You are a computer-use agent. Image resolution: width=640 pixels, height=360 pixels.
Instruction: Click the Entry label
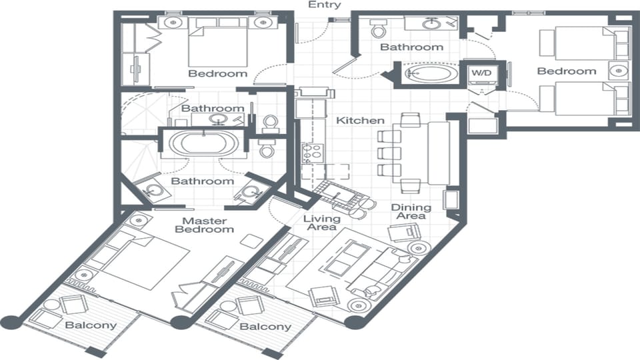pos(325,5)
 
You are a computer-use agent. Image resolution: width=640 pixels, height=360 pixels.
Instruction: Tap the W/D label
pos(480,72)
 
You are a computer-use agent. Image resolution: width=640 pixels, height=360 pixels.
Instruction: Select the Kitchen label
pos(360,121)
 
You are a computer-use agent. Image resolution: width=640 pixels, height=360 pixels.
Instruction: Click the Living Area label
pos(322,224)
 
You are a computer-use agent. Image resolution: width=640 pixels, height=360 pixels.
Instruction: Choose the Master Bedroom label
pos(205,225)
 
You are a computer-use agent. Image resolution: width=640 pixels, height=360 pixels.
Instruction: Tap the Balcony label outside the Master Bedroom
pos(91,325)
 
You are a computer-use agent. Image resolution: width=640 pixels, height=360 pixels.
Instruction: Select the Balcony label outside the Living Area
pos(265,327)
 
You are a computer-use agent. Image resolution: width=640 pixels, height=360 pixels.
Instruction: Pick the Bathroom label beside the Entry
pos(411,47)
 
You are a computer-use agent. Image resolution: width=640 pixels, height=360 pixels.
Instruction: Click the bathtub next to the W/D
pos(428,73)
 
